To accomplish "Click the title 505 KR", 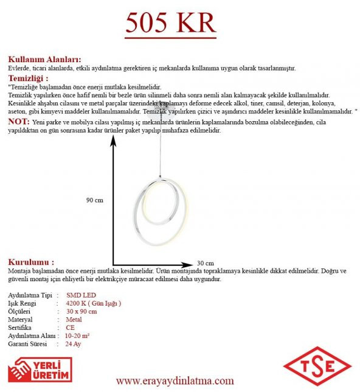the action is (x=171, y=23).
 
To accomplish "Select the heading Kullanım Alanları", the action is (x=44, y=60).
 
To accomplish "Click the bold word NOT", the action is (x=18, y=122).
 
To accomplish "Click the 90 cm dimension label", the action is (x=94, y=200).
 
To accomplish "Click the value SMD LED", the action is (x=80, y=295).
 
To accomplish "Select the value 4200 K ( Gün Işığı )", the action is (x=93, y=303).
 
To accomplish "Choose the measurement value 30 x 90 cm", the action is (x=81, y=311).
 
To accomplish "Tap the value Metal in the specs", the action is (x=74, y=319).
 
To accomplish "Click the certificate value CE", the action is (x=71, y=327).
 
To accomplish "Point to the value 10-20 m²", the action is (x=77, y=335).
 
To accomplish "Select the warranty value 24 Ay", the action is (x=73, y=344).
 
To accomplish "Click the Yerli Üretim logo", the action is (x=40, y=369).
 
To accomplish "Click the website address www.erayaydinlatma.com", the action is (x=175, y=381).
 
